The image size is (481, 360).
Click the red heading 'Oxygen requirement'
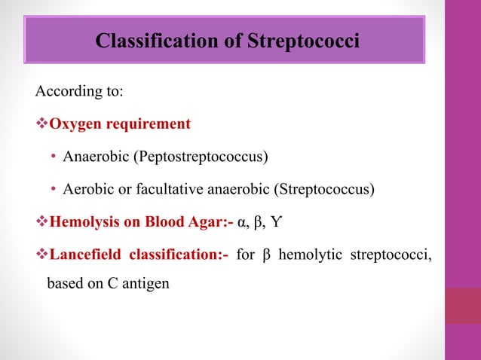click(x=120, y=124)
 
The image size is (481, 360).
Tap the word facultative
click(x=162, y=189)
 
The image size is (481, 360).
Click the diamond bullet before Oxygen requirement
click(x=41, y=124)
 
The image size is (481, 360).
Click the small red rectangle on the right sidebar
click(x=462, y=306)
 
